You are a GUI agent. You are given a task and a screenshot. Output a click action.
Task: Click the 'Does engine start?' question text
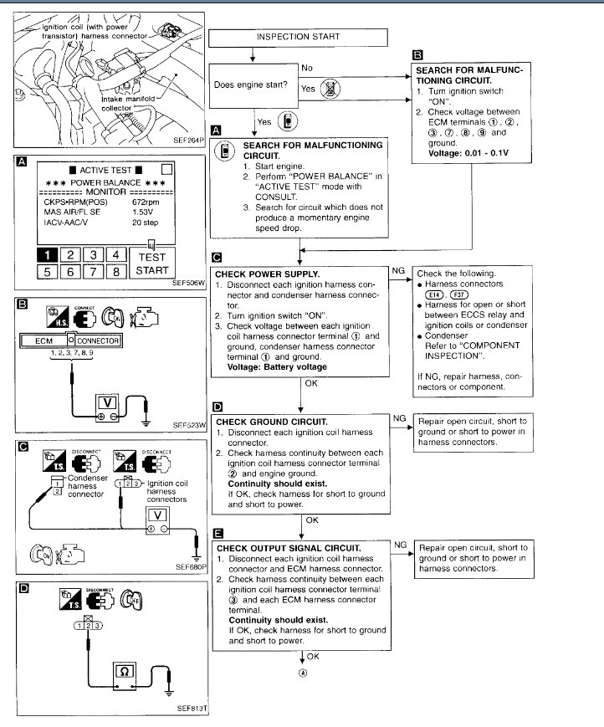pos(248,85)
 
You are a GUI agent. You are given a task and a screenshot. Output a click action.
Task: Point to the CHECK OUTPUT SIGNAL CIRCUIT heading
pos(289,547)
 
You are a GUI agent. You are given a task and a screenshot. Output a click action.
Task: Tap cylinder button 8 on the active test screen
pos(117,272)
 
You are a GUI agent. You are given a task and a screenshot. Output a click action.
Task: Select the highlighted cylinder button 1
pos(49,255)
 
